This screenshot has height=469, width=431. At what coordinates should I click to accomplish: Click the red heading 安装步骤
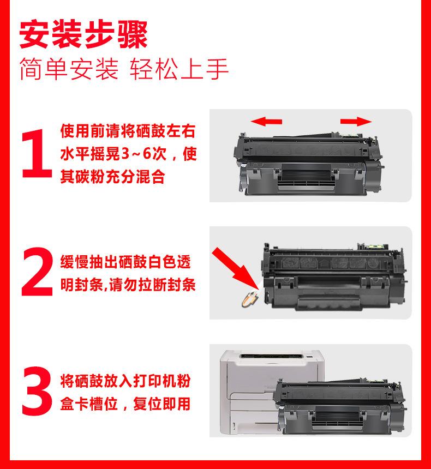pyautogui.click(x=83, y=34)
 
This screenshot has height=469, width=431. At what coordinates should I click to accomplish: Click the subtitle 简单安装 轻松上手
pyautogui.click(x=124, y=69)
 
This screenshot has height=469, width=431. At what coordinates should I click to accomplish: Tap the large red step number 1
pyautogui.click(x=37, y=153)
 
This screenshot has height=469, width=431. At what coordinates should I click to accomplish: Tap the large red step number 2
pyautogui.click(x=37, y=272)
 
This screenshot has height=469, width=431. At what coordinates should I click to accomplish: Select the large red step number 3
pyautogui.click(x=37, y=390)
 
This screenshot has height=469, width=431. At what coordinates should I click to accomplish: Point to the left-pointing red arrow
pyautogui.click(x=266, y=122)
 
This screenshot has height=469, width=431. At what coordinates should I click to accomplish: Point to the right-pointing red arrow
pyautogui.click(x=356, y=122)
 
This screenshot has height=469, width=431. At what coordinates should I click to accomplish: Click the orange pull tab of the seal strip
pyautogui.click(x=250, y=299)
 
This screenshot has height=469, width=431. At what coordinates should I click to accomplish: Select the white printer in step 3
pyautogui.click(x=272, y=392)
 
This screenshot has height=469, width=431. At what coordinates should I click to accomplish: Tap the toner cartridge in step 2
pyautogui.click(x=333, y=276)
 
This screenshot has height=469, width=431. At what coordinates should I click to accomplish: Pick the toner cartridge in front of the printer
pyautogui.click(x=341, y=406)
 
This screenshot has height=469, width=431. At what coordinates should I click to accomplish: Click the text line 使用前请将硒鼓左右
pyautogui.click(x=128, y=131)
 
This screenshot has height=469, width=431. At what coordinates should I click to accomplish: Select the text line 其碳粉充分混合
pyautogui.click(x=113, y=176)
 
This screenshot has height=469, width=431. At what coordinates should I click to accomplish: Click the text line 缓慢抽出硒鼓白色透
pyautogui.click(x=125, y=262)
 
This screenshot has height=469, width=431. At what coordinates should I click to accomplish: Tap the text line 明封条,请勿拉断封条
pyautogui.click(x=128, y=285)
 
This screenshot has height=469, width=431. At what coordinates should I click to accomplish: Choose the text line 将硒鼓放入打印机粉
pyautogui.click(x=125, y=381)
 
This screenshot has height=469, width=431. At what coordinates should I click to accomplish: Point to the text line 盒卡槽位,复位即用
pyautogui.click(x=125, y=404)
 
